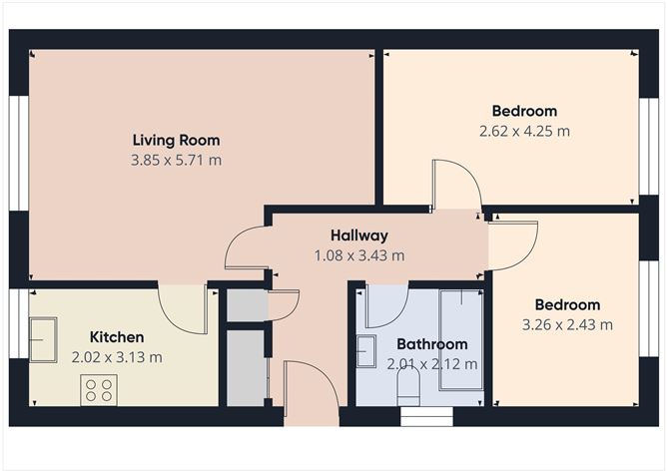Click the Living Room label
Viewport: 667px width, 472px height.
pos(176,140)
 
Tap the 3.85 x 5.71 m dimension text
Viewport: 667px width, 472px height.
pos(176,161)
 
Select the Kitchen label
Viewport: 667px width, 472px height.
pos(117,337)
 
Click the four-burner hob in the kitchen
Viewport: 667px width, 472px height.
pos(99,390)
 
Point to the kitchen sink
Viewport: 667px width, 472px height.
pos(43,339)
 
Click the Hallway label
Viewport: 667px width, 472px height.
pos(359,236)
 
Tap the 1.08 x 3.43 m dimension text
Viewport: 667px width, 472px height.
pos(359,255)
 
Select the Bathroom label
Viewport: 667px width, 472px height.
pos(432,344)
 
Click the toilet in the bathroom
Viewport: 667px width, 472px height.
pos(408,386)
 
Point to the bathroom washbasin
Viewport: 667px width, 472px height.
pos(366,351)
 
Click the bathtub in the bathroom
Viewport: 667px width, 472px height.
pos(461,339)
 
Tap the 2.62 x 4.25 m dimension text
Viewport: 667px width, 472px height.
pos(524,131)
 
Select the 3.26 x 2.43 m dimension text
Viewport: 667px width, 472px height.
pos(567,325)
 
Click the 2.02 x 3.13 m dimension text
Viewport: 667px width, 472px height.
pos(117,357)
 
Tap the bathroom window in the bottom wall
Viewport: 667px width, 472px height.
pos(427,416)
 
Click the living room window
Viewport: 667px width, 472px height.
pos(19,153)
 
